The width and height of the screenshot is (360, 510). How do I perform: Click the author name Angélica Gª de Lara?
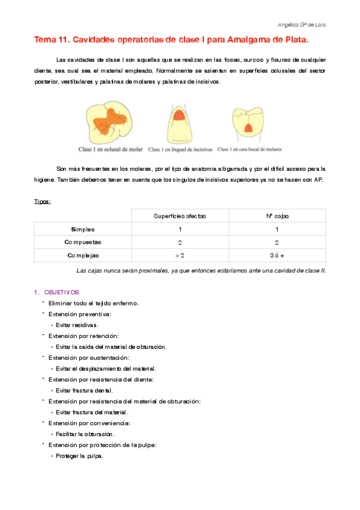(x=303, y=25)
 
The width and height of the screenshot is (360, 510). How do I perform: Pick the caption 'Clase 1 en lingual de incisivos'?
(x=179, y=149)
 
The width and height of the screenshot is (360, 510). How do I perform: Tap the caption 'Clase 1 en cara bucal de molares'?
(x=249, y=149)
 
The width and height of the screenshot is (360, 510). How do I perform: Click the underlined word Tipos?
(x=42, y=201)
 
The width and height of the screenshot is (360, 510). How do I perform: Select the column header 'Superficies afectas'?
(x=180, y=216)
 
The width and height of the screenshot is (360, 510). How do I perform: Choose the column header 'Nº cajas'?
(x=277, y=216)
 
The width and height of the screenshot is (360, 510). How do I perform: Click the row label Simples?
(x=82, y=229)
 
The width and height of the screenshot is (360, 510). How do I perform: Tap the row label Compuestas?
(x=82, y=242)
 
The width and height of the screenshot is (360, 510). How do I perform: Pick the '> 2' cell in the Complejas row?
(x=180, y=256)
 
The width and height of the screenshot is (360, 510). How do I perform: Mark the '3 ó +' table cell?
(x=277, y=256)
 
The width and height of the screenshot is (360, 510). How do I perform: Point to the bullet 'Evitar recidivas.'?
(x=77, y=325)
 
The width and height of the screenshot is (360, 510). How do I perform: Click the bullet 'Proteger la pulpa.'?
(x=79, y=456)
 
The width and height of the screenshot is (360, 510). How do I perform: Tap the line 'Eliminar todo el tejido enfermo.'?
(x=94, y=303)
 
